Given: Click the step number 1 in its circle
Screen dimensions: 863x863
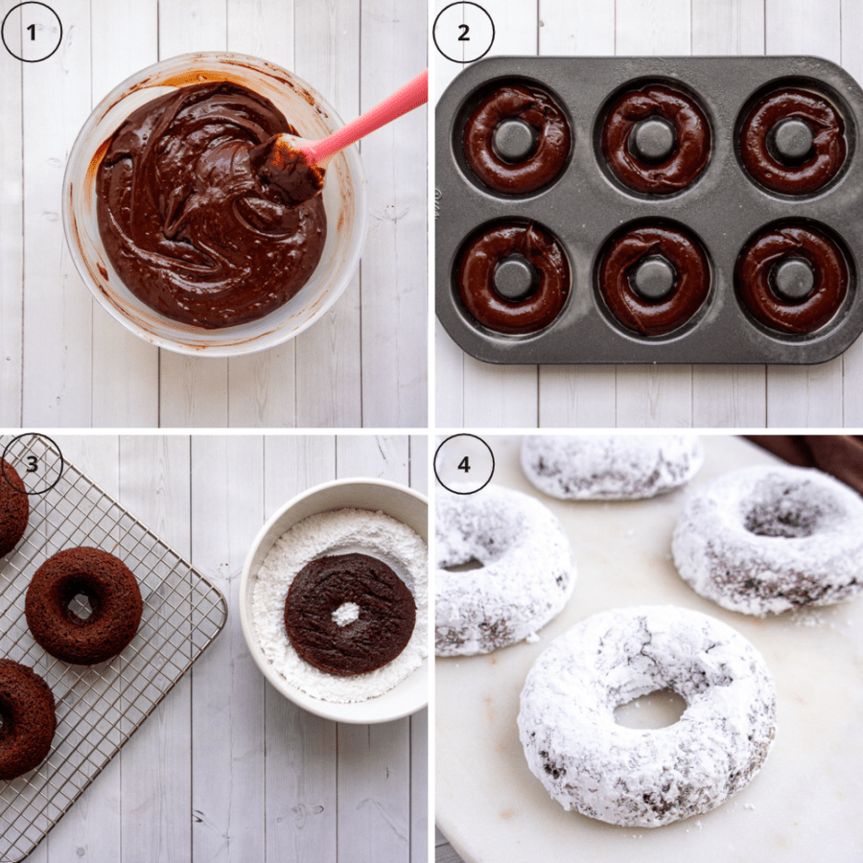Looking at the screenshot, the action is point(32,33).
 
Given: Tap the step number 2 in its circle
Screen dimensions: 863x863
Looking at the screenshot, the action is point(463,33).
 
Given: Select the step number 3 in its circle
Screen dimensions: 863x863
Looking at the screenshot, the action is point(32,464).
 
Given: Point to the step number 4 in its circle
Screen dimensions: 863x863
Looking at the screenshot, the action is point(463,464).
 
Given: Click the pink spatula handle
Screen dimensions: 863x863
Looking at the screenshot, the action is point(370,118).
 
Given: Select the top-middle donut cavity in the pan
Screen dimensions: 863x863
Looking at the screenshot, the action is point(654,139).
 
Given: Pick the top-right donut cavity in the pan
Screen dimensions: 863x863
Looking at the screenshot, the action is point(793,139).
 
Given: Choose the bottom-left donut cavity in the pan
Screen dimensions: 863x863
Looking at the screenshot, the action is point(513,278).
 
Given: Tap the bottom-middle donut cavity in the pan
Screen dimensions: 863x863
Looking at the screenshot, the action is point(653,278).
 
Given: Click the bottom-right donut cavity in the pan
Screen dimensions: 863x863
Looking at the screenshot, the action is point(793,278).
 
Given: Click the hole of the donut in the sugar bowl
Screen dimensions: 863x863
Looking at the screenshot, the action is point(345,615).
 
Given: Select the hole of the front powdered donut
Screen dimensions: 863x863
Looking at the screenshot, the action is point(650,710).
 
